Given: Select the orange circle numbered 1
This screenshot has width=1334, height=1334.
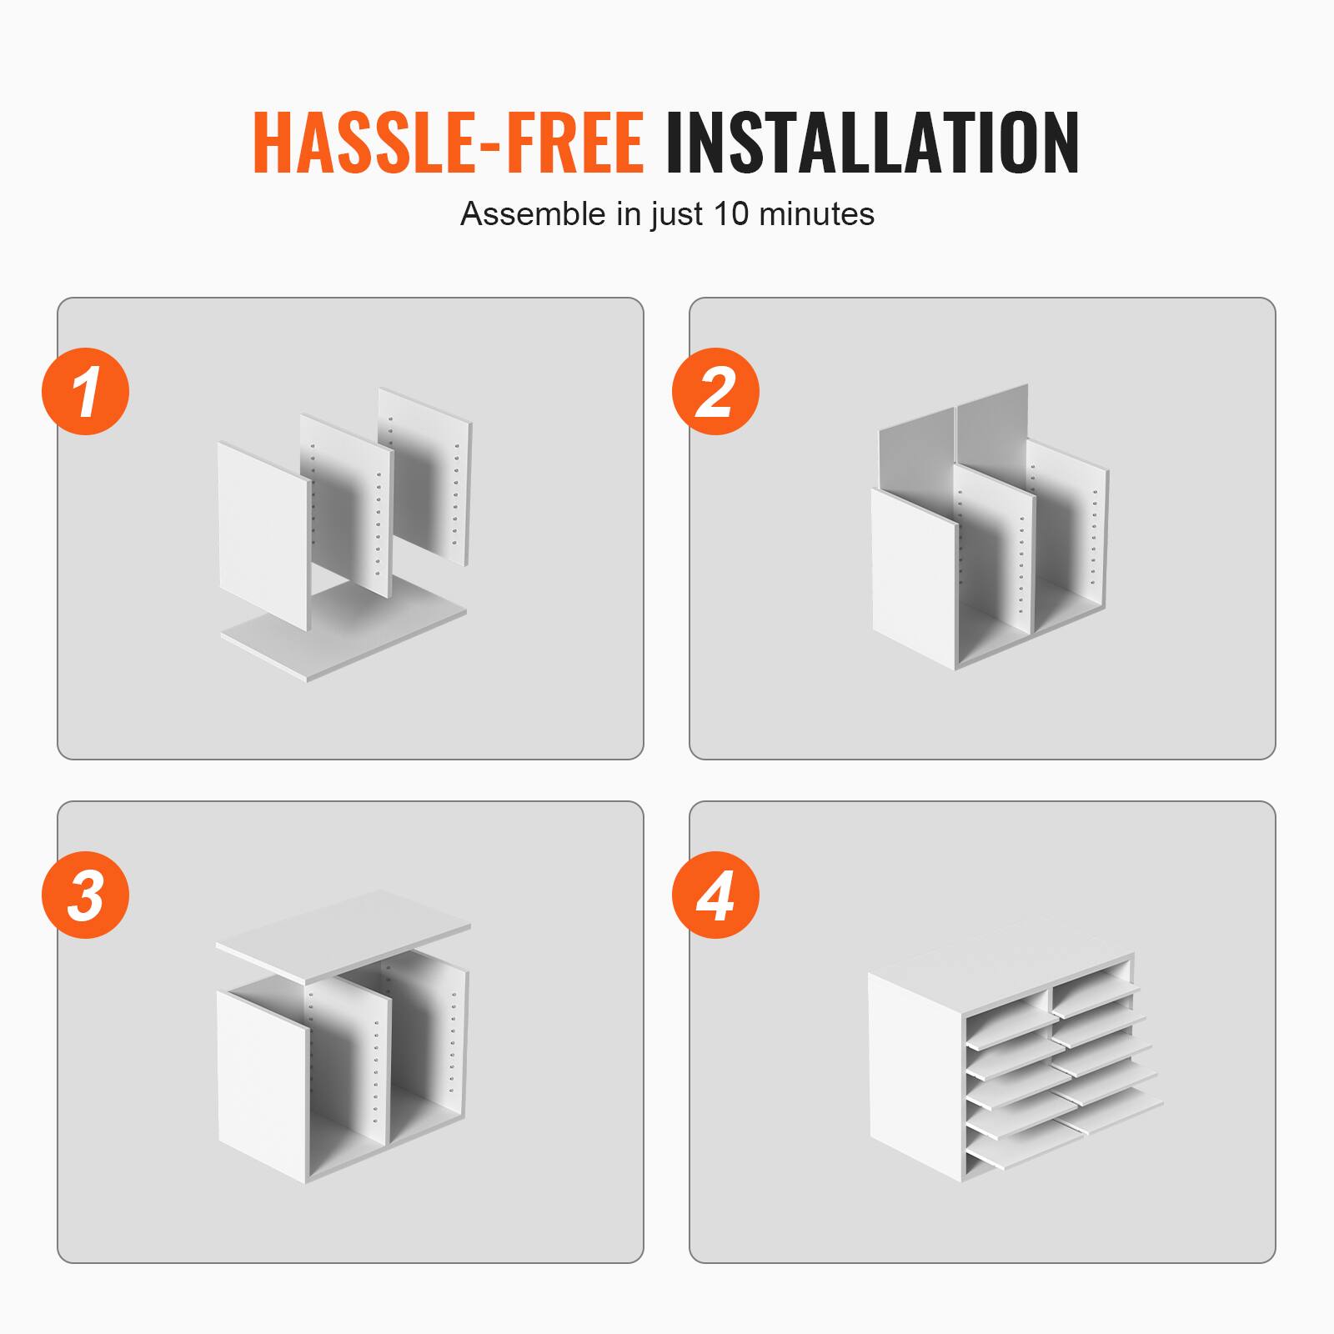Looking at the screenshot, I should pos(85,391).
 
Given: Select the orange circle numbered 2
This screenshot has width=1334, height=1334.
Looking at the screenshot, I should pos(715,391).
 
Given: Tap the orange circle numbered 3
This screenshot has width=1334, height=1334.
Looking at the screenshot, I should pos(85,895).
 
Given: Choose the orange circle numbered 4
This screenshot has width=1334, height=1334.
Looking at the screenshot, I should pos(715,895).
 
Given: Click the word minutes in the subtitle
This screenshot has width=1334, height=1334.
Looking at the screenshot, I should pos(817,214).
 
